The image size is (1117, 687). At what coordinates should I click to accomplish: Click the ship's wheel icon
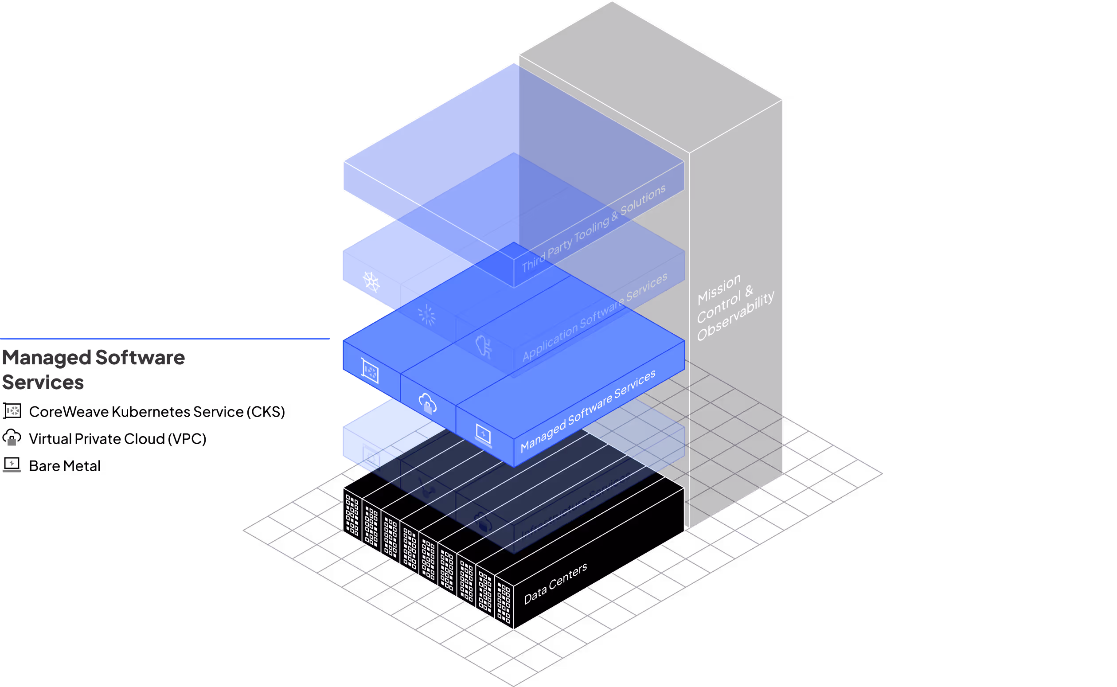tap(371, 282)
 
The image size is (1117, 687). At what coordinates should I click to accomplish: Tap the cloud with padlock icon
tap(427, 403)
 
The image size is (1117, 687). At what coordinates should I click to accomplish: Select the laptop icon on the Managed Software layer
tap(483, 435)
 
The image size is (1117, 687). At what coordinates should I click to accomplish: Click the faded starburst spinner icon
tap(426, 315)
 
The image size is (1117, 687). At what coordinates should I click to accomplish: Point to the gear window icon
tap(371, 456)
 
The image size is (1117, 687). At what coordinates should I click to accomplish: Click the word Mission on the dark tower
tap(719, 289)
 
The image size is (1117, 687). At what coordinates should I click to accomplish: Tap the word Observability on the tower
tap(735, 316)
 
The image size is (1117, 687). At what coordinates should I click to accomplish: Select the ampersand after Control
tap(749, 291)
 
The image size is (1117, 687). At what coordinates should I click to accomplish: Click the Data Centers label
tap(555, 584)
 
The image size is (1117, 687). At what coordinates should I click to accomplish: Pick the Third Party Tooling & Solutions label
tap(593, 228)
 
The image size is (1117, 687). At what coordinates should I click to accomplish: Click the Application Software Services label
tap(594, 317)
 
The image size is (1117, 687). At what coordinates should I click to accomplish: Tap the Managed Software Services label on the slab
tap(587, 411)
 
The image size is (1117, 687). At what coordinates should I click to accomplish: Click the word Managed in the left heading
tap(47, 358)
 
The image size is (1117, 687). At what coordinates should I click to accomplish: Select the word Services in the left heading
tap(43, 383)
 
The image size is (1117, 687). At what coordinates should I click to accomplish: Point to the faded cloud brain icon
tap(483, 347)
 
